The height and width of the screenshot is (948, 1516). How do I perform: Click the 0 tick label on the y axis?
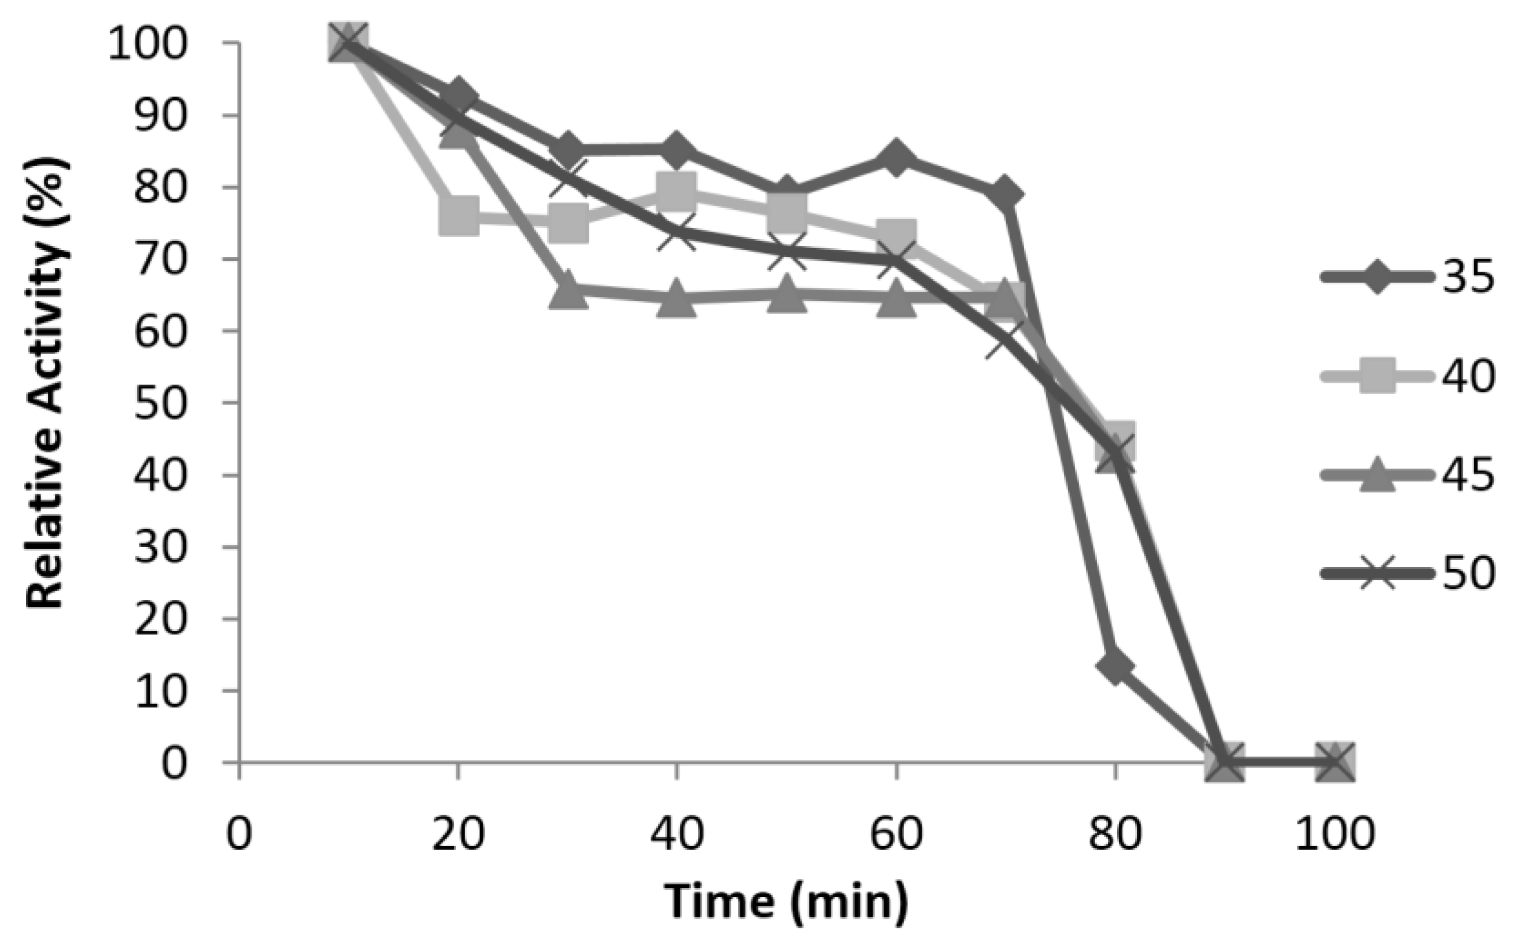[174, 763]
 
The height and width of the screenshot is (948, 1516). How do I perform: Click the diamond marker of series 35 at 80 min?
[1116, 666]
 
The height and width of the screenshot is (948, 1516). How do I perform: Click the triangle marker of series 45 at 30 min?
[568, 291]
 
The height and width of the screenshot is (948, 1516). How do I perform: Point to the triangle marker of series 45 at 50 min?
[787, 294]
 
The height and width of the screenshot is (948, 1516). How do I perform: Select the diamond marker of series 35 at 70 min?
[1005, 194]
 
